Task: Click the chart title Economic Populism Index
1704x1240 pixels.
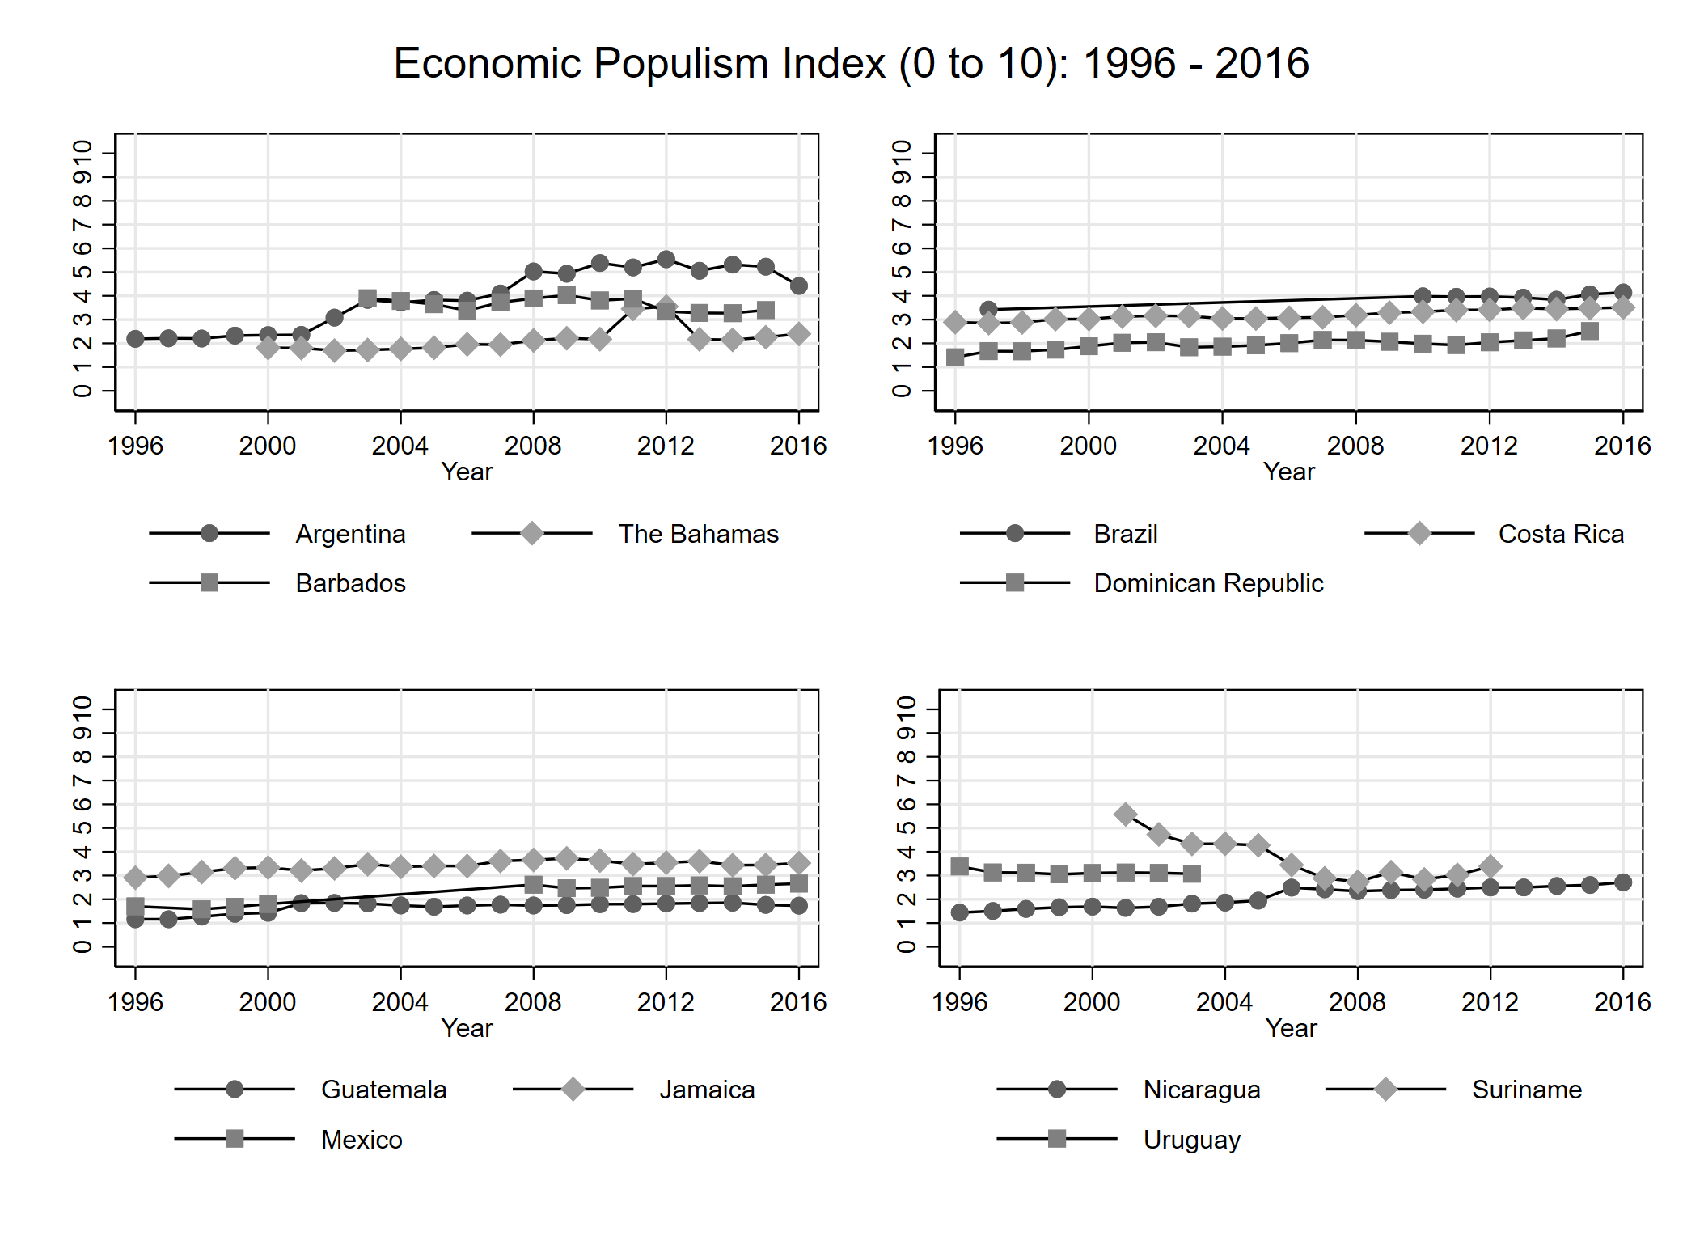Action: click(851, 63)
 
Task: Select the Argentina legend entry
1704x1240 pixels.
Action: click(350, 534)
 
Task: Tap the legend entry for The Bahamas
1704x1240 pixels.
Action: click(698, 534)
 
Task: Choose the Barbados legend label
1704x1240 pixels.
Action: click(350, 583)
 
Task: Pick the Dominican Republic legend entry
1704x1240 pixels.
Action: click(1208, 583)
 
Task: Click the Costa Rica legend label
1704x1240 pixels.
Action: click(1561, 534)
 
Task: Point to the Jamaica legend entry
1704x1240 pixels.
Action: click(707, 1090)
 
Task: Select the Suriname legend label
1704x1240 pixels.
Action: click(1526, 1090)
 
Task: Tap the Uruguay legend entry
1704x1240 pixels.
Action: click(1191, 1140)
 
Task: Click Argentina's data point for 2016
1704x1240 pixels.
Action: click(799, 286)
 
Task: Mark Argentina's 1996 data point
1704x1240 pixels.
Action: click(135, 339)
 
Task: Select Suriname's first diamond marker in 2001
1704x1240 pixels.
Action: click(1125, 815)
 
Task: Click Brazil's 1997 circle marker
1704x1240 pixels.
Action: click(988, 310)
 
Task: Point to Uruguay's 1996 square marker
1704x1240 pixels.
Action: click(960, 866)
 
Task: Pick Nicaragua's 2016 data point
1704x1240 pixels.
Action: click(1622, 882)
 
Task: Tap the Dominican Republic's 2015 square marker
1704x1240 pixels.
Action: click(1589, 331)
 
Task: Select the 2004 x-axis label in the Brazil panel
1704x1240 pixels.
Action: click(1221, 446)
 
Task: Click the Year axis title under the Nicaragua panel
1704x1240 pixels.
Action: click(1291, 1028)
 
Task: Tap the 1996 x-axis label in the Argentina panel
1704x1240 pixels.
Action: click(135, 446)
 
